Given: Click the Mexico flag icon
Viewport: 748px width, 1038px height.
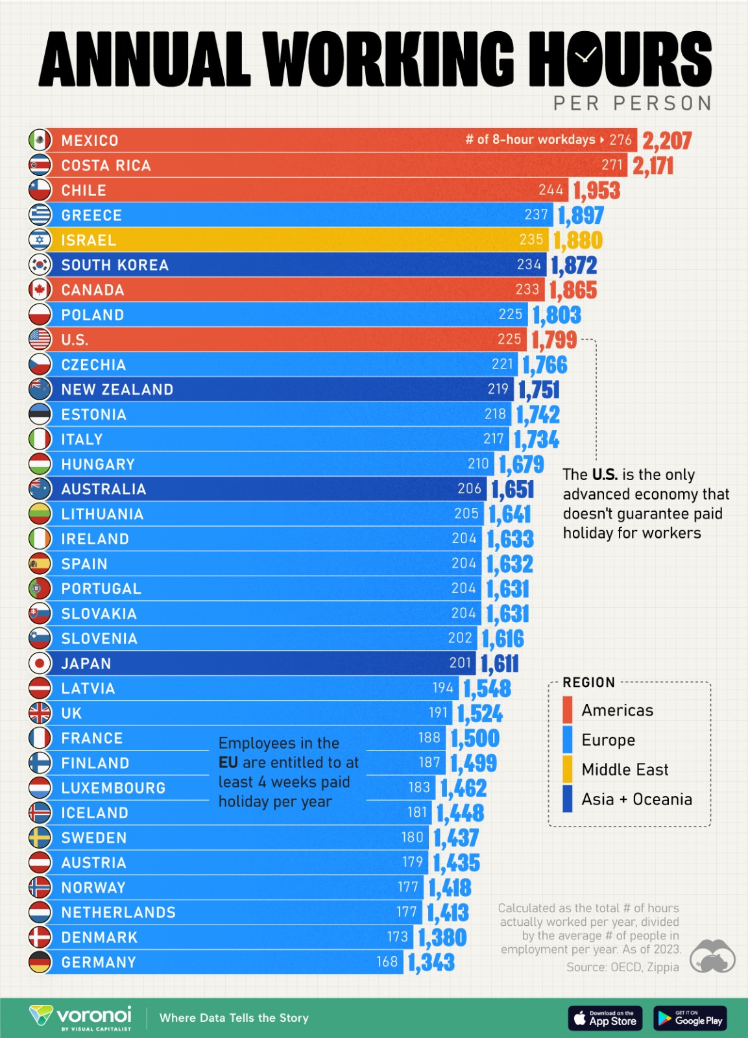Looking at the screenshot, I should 40,140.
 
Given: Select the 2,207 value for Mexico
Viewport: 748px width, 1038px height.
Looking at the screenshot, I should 667,140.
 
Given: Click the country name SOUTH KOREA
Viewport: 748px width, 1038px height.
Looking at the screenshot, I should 115,265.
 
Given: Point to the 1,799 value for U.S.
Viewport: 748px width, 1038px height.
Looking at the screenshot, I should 553,340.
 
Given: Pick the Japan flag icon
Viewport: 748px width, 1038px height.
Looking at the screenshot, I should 40,663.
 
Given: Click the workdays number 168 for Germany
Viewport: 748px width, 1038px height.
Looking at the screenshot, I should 387,961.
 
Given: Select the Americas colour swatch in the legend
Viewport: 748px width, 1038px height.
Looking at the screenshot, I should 568,710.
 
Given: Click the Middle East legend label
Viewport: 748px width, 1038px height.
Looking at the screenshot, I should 625,769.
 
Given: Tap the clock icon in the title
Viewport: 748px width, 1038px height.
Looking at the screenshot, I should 585,56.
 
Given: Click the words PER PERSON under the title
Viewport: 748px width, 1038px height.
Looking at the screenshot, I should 633,104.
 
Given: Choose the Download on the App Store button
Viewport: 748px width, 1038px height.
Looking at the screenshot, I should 605,1018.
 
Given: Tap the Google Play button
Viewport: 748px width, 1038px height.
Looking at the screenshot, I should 690,1018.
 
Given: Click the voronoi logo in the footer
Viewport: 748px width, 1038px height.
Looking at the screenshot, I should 81,1017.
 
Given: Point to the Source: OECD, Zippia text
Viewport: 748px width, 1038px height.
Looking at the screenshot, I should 622,967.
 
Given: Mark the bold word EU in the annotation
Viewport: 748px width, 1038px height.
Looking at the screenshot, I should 228,762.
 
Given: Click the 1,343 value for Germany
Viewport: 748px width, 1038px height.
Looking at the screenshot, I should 431,962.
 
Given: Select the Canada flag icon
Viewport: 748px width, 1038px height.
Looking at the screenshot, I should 40,289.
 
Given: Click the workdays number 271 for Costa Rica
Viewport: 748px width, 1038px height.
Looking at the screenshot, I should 612,165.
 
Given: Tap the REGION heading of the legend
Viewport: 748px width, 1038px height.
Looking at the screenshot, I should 588,682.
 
